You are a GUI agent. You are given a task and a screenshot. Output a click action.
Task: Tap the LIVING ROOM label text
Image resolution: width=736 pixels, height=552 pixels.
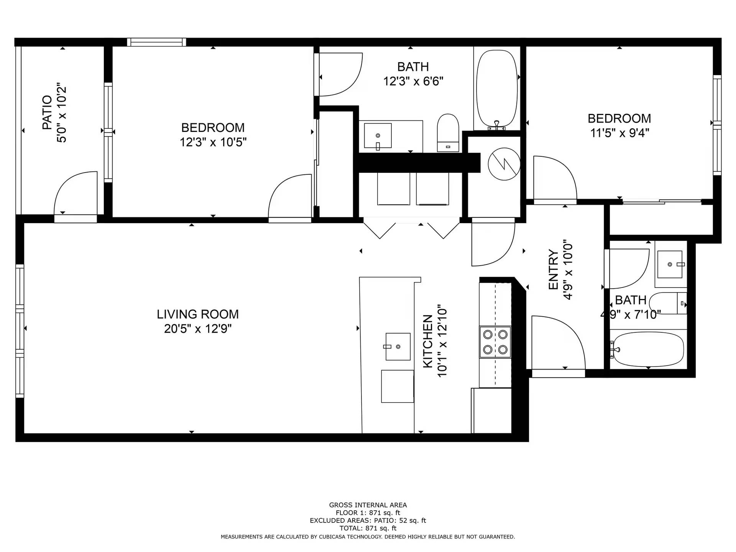point(197,314)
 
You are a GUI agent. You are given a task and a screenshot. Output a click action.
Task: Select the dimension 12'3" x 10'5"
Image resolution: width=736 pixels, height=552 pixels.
point(213,142)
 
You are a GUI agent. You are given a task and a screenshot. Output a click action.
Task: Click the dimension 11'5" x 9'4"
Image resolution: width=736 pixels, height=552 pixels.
point(619,133)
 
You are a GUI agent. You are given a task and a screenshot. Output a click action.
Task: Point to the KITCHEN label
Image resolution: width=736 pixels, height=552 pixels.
point(428,341)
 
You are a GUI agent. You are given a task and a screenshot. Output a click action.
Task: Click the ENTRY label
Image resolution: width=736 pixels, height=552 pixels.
point(553,269)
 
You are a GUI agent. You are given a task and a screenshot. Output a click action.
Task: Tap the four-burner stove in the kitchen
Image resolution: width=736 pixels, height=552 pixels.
point(495,342)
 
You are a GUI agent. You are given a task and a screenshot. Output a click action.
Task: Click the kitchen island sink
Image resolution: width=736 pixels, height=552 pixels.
point(398,347)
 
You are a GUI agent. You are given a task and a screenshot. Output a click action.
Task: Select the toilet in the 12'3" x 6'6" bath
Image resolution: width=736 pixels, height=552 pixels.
point(448,133)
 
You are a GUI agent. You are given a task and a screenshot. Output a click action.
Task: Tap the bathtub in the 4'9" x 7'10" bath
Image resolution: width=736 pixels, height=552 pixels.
point(648,349)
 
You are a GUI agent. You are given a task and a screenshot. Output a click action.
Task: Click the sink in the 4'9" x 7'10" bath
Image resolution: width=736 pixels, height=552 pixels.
point(670,264)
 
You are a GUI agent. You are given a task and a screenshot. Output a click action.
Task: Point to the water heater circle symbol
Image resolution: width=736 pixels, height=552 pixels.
point(504,164)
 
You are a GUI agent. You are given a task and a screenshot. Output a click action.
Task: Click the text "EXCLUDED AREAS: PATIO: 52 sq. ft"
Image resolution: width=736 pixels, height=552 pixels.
point(368,521)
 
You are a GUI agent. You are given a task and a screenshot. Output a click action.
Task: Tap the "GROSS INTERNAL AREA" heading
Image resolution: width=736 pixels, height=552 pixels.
point(368,505)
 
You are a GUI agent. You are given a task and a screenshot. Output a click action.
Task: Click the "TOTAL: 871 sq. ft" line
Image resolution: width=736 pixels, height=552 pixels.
point(368,528)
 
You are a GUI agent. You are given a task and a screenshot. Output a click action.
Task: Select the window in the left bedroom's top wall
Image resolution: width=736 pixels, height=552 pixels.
point(156,42)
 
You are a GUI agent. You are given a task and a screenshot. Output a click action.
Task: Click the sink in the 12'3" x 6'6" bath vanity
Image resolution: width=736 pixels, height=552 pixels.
point(378,136)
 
